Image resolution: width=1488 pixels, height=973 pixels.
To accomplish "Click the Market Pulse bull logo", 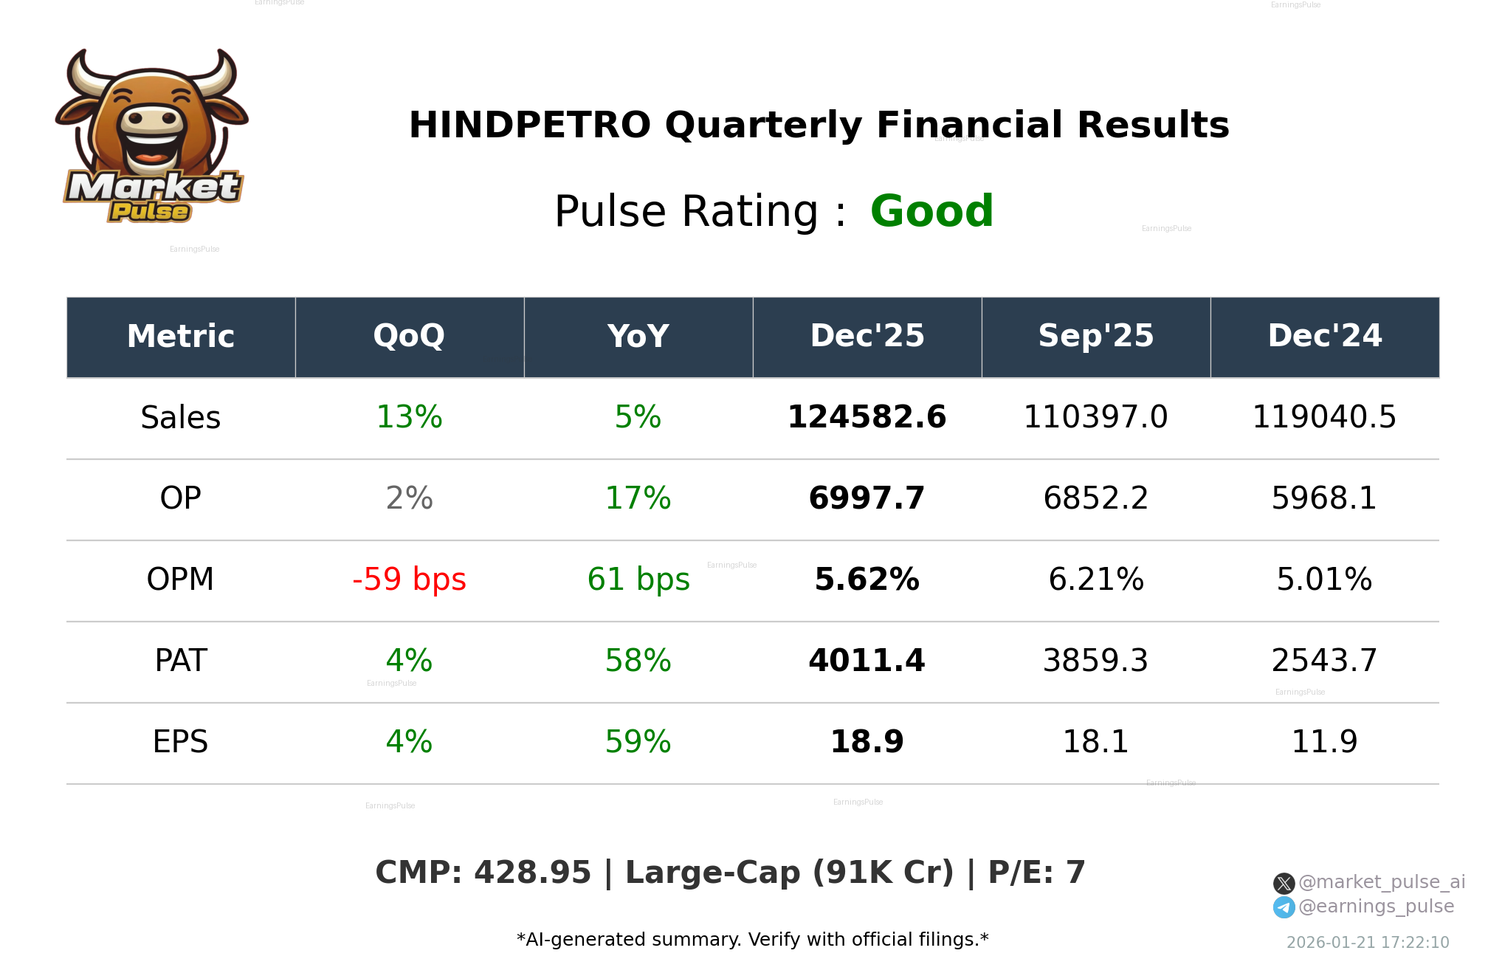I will [152, 137].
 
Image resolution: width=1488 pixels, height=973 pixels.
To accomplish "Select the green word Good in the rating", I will [931, 212].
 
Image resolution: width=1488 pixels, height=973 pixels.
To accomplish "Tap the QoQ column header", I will [409, 337].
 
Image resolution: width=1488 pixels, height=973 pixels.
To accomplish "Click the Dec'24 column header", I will [1324, 337].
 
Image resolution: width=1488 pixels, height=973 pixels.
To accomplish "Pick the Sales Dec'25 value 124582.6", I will [867, 418].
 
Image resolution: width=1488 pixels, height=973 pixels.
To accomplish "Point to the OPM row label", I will [180, 580].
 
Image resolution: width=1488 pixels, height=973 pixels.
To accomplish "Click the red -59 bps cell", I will [409, 580].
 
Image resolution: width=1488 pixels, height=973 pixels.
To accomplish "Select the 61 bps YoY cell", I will [638, 580].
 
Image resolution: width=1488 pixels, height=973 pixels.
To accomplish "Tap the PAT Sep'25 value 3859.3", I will [1095, 661].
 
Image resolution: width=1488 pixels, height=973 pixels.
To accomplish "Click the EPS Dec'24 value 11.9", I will [1324, 742].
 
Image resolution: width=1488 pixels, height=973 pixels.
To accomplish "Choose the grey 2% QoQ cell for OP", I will [409, 498].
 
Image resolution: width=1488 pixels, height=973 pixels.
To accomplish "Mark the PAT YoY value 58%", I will [638, 661].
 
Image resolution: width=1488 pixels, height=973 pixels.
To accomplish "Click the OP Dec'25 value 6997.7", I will [867, 498].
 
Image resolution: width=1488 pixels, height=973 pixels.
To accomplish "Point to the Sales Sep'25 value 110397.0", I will [1095, 418].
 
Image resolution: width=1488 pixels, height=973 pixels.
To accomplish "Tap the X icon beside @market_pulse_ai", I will [1284, 883].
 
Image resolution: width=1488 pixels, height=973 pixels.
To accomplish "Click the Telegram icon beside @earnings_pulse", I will [1284, 907].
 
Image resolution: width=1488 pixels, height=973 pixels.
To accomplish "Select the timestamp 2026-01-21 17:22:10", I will [1368, 943].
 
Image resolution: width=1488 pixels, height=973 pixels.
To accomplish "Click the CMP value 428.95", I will [532, 873].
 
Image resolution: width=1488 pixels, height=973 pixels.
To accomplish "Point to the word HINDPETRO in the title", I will [529, 126].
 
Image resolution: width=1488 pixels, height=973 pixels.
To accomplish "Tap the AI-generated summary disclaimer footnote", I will [752, 940].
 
